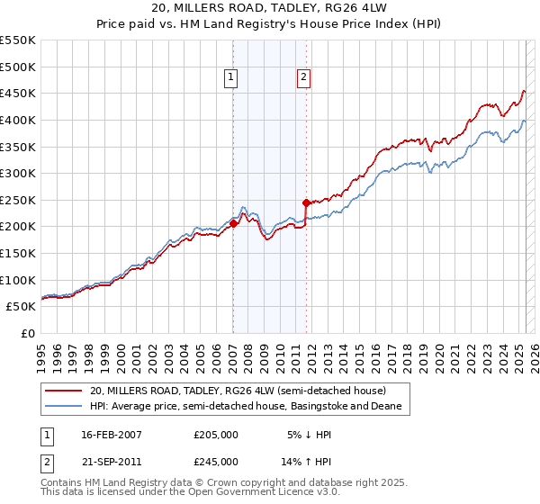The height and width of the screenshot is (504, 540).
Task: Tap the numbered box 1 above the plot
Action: point(232,78)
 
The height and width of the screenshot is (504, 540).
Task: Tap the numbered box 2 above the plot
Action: point(304,78)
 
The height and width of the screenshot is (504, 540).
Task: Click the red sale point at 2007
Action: point(233,223)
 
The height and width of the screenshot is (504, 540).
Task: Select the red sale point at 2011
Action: point(306,202)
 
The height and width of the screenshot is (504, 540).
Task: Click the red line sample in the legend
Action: point(64,391)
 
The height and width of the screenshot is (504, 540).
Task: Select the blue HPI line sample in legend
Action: point(64,407)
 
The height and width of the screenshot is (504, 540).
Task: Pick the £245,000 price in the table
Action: point(215,461)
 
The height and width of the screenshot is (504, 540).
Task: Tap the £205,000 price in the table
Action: point(215,434)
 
